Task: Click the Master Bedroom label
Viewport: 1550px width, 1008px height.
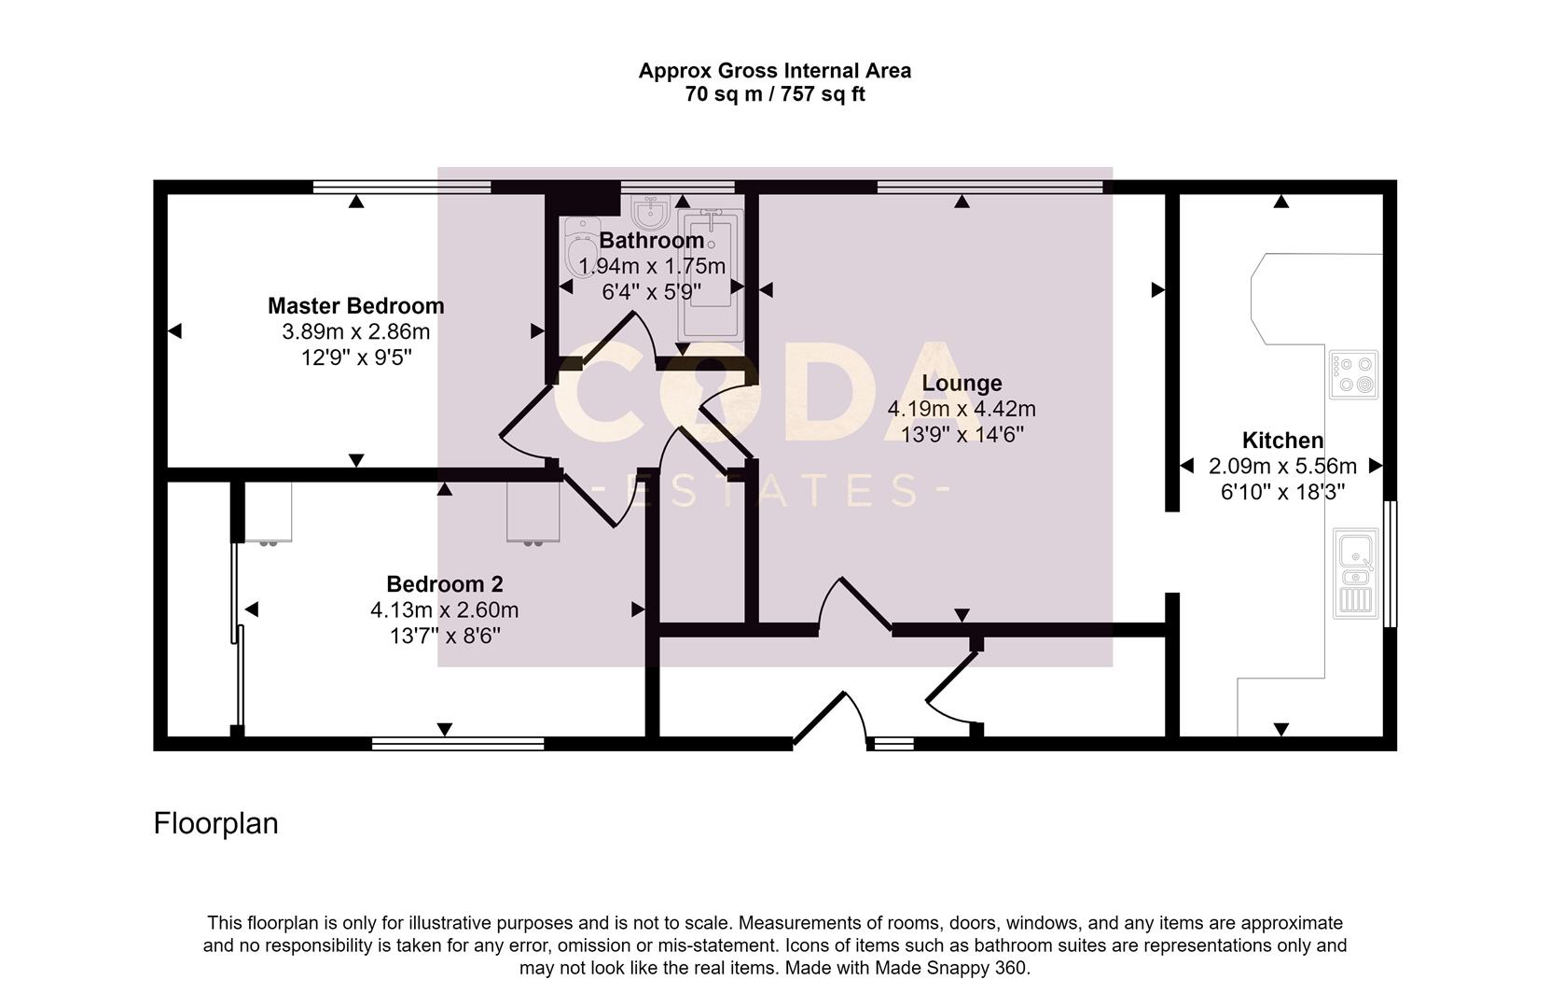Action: [x=355, y=305]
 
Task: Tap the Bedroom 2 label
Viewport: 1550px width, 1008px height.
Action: [x=444, y=584]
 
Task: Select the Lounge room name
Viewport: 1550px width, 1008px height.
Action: [x=962, y=383]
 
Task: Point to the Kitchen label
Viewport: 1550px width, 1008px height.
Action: [x=1281, y=441]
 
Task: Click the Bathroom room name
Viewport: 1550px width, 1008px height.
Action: [x=651, y=241]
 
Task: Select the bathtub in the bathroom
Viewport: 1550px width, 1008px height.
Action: [x=712, y=275]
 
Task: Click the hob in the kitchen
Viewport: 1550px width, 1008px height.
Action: [x=1352, y=374]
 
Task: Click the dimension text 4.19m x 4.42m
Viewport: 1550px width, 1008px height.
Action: [x=961, y=409]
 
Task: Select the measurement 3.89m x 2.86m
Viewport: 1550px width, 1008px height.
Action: [x=355, y=331]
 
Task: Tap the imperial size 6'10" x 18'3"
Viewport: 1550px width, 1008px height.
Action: [x=1281, y=492]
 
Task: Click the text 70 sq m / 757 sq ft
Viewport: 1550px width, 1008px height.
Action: [x=774, y=94]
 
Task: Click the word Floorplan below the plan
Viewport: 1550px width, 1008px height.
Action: [x=215, y=823]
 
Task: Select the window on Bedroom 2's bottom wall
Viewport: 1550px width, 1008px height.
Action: [x=457, y=744]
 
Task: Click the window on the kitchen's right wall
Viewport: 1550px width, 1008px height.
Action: [x=1390, y=563]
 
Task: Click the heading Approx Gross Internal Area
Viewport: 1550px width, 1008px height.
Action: [x=774, y=70]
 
